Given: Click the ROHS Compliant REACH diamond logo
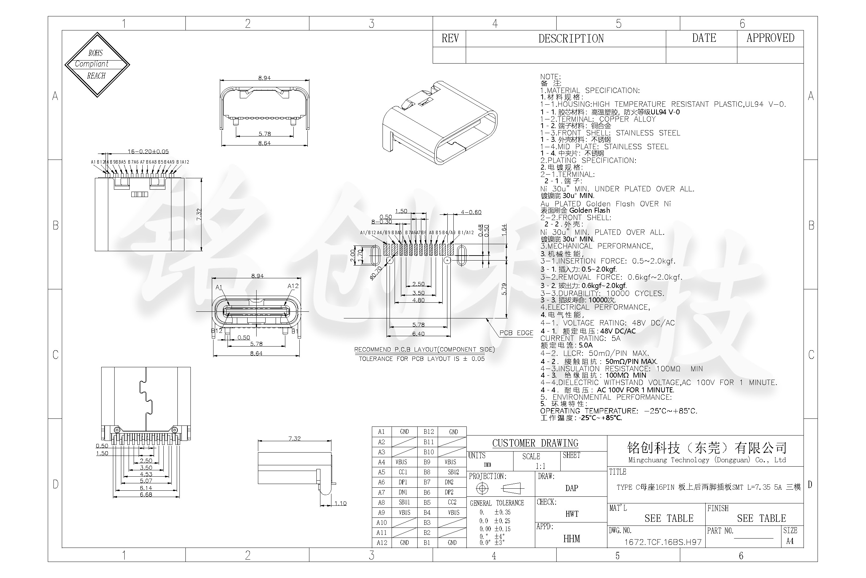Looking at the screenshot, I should (x=97, y=65).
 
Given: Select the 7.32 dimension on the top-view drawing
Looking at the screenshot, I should (x=199, y=214).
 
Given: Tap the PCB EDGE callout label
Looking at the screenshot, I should (x=516, y=333).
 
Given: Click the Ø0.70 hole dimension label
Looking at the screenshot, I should (x=376, y=273).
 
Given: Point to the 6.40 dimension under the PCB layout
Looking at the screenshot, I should (x=418, y=333).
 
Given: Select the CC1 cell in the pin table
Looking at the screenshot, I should (x=403, y=472).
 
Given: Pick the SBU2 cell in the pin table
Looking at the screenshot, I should (x=453, y=472).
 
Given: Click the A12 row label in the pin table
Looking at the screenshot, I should (x=382, y=543).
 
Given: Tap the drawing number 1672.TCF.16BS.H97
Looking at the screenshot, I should (x=663, y=542).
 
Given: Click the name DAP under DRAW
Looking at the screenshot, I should (x=571, y=488).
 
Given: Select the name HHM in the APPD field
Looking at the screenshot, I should (x=571, y=539).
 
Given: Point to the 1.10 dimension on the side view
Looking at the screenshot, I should (x=340, y=503).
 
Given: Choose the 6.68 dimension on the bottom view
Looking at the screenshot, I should (x=146, y=495).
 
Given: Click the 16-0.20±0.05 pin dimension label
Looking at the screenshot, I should (x=148, y=152).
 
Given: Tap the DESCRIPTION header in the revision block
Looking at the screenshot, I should (x=571, y=39).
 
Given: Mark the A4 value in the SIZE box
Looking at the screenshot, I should (x=790, y=541).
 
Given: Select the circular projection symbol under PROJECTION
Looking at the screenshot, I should (x=482, y=489).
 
